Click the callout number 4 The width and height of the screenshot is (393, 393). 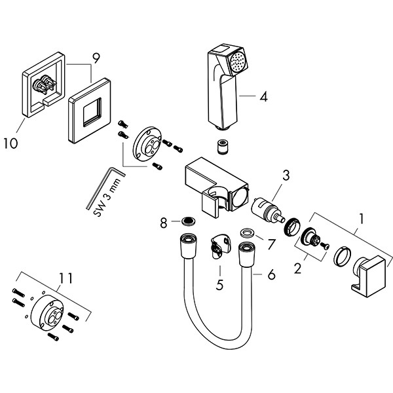[263, 97]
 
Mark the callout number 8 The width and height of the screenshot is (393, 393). [164, 223]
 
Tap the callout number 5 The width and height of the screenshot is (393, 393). [220, 284]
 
